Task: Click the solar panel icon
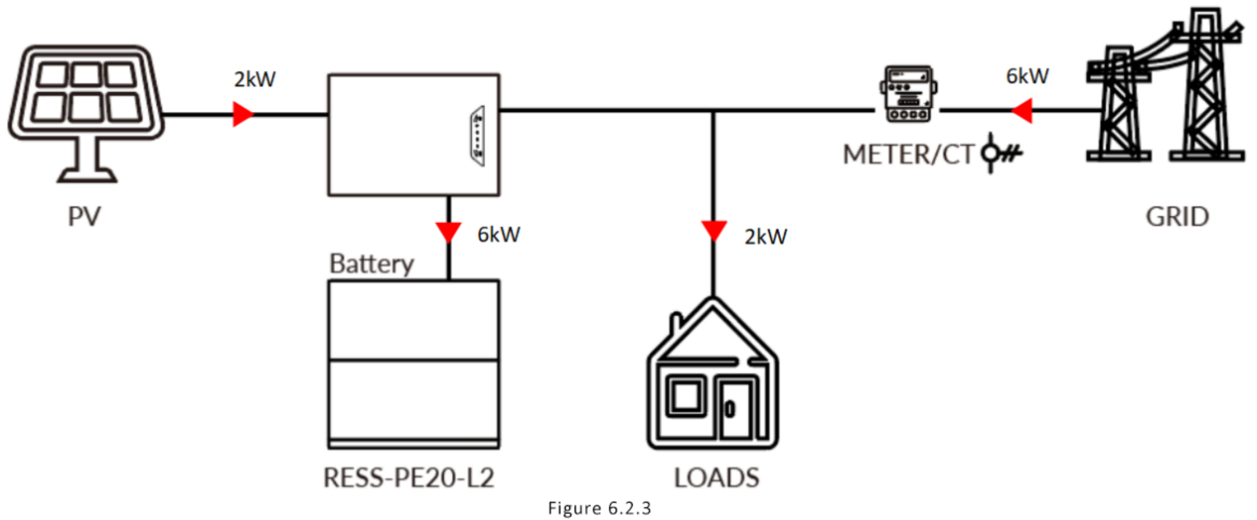click(86, 113)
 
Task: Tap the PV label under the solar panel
click(84, 216)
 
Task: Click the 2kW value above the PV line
click(255, 79)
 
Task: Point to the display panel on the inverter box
click(478, 136)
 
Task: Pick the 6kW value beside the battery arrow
click(499, 234)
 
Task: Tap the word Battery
click(371, 263)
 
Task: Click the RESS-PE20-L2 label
click(409, 478)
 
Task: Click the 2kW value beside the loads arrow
click(766, 237)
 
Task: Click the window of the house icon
click(686, 397)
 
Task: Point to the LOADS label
click(716, 478)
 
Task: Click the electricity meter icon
click(908, 94)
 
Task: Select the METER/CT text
click(908, 155)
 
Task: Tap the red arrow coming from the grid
click(1021, 110)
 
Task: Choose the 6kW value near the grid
click(1028, 76)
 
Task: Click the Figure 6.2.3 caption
click(599, 508)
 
